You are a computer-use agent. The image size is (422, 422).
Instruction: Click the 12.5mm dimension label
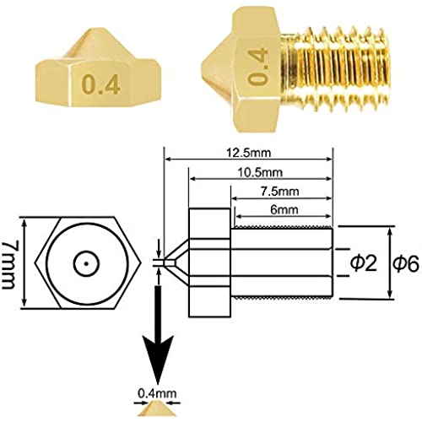[x=249, y=153]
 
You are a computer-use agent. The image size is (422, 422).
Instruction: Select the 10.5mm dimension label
[x=260, y=172]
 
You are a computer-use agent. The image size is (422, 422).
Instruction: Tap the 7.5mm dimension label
[x=279, y=192]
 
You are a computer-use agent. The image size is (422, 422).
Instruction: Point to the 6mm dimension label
[x=284, y=210]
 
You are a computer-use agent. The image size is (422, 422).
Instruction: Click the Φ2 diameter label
[x=364, y=263]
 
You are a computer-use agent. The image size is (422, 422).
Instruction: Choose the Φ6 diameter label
[x=406, y=263]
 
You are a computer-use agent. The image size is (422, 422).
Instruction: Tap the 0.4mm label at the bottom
[x=157, y=393]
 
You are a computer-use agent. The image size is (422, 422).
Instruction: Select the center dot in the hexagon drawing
[x=86, y=263]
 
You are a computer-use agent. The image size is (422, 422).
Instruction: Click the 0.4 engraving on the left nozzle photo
[x=101, y=84]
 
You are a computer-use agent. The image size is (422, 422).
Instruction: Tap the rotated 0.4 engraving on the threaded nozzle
[x=258, y=67]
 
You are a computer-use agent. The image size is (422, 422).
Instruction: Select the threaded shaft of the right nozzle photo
[x=336, y=66]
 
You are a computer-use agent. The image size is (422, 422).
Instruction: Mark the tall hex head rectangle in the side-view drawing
[x=209, y=262]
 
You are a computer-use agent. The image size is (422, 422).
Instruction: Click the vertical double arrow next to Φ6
[x=390, y=262]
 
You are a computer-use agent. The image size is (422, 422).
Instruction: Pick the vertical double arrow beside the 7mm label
[x=24, y=263]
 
